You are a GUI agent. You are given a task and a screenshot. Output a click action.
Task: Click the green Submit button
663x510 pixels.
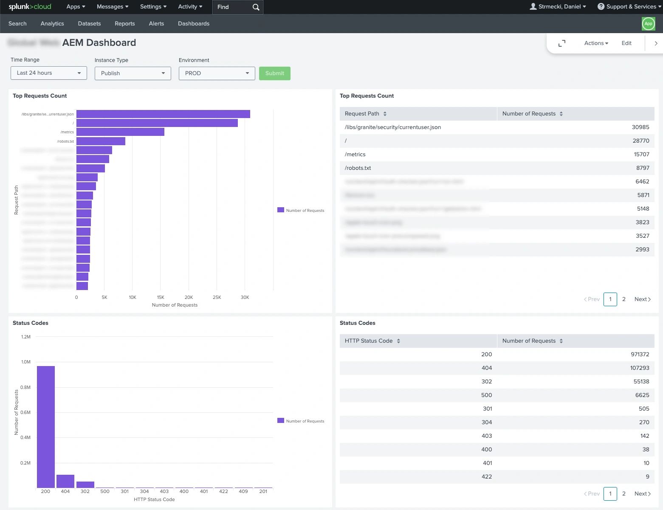[x=274, y=73]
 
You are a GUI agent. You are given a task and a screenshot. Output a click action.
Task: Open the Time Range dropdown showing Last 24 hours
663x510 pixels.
[x=48, y=73]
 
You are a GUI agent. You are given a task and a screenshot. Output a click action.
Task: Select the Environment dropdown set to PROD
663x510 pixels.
[x=217, y=73]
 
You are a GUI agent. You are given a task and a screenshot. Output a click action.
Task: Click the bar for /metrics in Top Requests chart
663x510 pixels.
[x=120, y=132]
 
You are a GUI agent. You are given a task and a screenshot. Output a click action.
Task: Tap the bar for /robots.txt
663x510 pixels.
[x=101, y=141]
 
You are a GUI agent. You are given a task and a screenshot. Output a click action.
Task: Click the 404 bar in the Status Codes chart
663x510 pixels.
[x=65, y=481]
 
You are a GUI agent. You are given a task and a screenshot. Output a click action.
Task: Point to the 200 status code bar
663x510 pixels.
[x=46, y=426]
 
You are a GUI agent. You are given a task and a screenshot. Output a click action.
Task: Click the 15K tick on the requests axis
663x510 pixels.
[x=161, y=297]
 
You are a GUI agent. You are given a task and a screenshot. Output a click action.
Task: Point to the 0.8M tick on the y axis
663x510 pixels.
[x=25, y=387]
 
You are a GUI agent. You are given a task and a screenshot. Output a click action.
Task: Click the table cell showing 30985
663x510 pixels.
[x=640, y=127]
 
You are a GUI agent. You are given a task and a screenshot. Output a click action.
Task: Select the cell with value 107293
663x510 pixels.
[x=639, y=368]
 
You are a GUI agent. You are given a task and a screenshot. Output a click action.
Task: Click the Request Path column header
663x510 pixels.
[x=362, y=113]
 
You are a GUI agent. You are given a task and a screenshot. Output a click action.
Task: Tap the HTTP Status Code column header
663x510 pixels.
[x=369, y=341]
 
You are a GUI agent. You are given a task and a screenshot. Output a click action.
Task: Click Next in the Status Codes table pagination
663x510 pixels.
[x=642, y=493]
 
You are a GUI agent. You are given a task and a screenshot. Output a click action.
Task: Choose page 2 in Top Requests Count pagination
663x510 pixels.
[x=624, y=299]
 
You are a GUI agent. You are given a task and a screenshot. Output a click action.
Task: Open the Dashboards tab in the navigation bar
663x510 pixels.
[x=193, y=23]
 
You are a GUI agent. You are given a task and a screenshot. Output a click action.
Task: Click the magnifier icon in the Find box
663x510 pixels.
[x=256, y=7]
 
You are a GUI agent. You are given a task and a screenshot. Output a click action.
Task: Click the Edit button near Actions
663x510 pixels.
[x=626, y=43]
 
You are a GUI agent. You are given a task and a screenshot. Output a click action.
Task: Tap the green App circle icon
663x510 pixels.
[x=648, y=24]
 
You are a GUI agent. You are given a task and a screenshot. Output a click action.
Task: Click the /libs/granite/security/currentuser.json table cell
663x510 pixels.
[x=392, y=127]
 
